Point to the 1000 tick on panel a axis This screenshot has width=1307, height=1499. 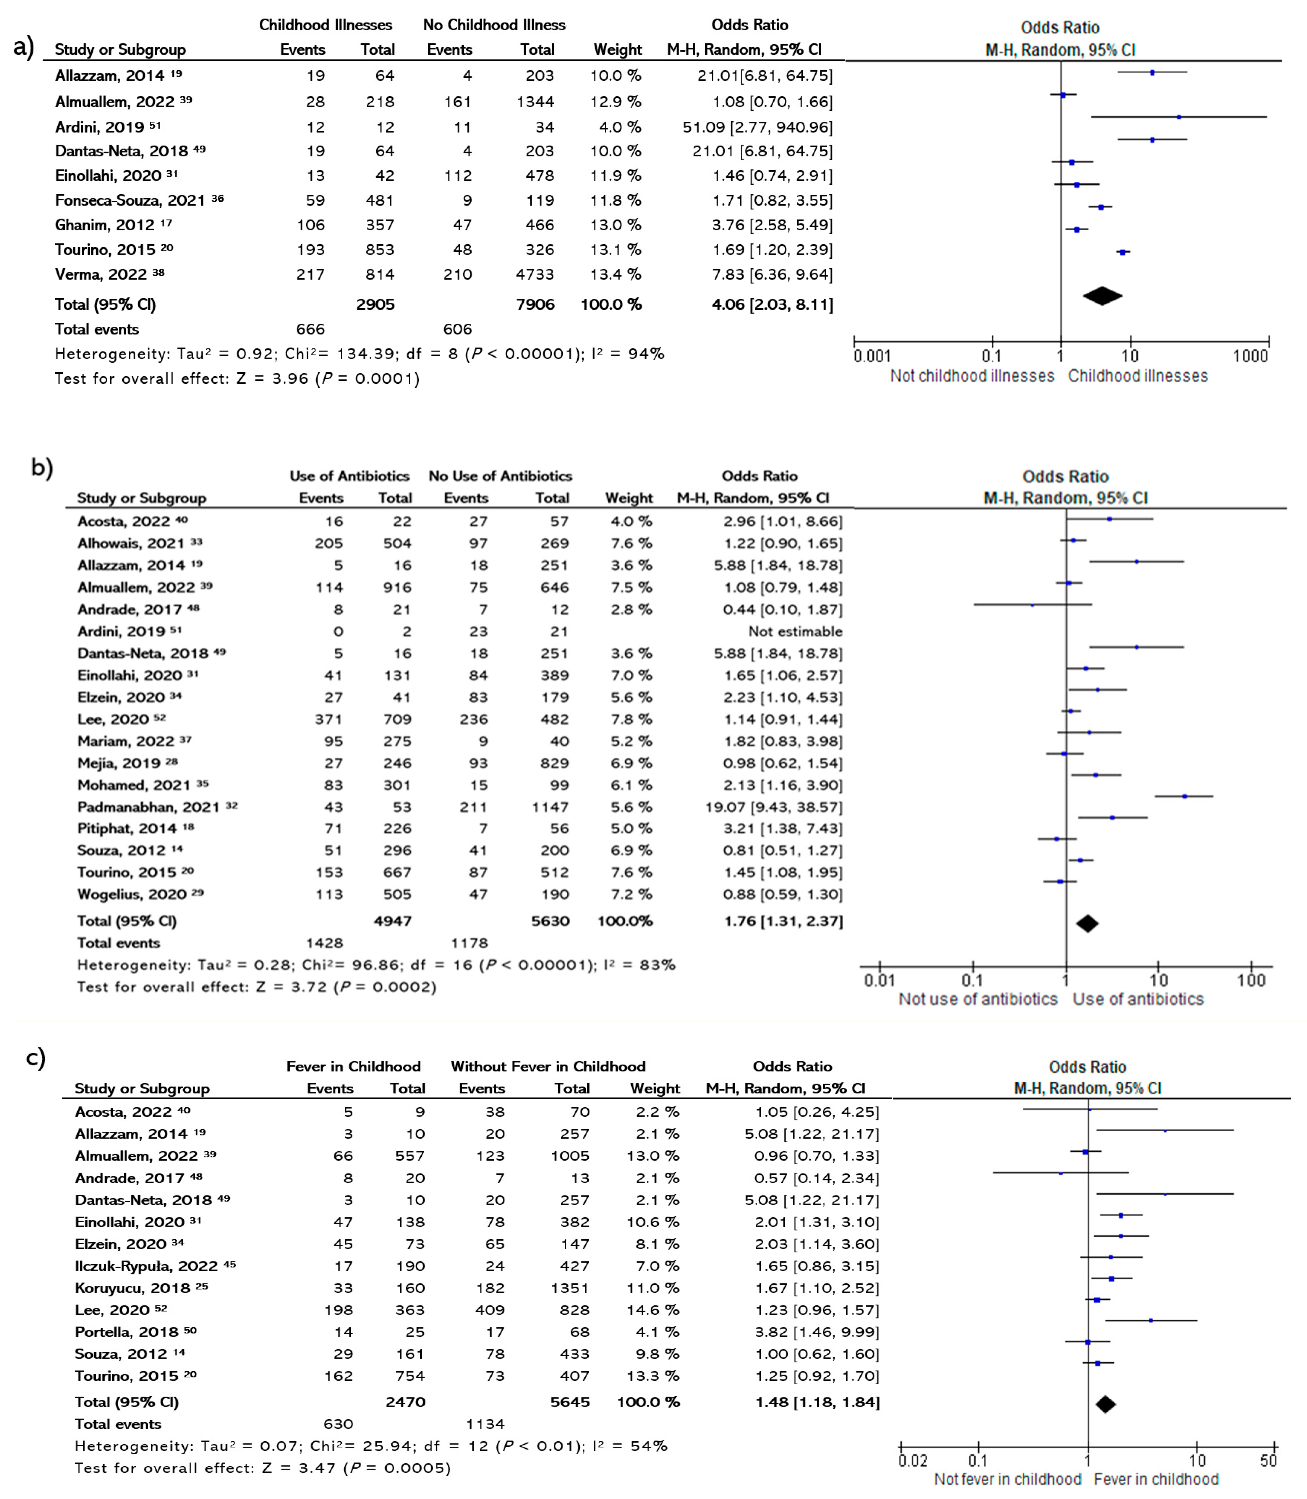tap(1250, 356)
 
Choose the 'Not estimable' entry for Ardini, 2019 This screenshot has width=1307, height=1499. tap(795, 631)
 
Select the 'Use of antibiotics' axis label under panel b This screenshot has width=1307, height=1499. tap(1138, 999)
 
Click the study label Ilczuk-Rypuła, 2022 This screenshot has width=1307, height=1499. tap(146, 1266)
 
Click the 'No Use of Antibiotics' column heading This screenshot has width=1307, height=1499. tap(500, 476)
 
